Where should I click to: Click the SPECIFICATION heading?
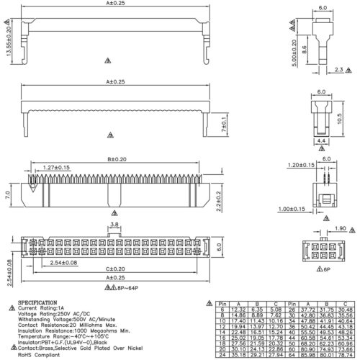(x=38, y=303)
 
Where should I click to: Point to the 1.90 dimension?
(x=342, y=228)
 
